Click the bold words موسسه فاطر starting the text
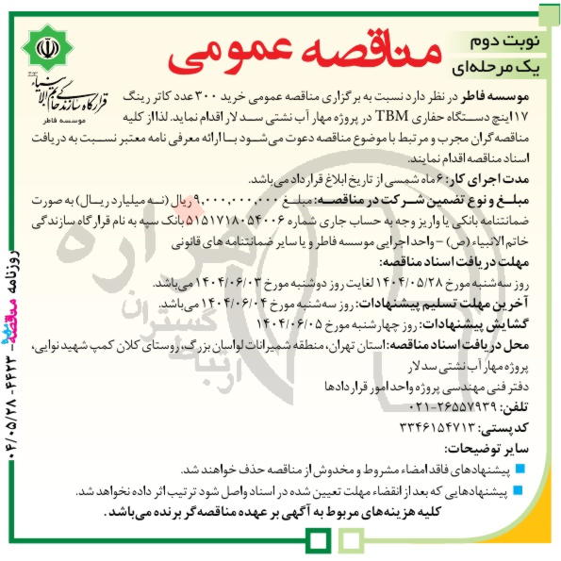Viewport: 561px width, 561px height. (x=503, y=97)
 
